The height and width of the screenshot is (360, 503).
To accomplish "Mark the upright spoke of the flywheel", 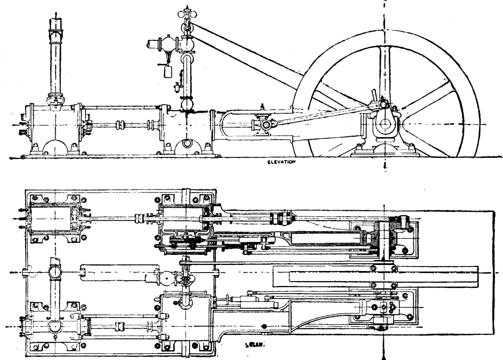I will tap(384, 70).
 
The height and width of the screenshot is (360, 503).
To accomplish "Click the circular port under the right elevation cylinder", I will tap(187, 143).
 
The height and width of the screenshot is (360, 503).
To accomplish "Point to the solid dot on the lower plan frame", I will tap(264, 326).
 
